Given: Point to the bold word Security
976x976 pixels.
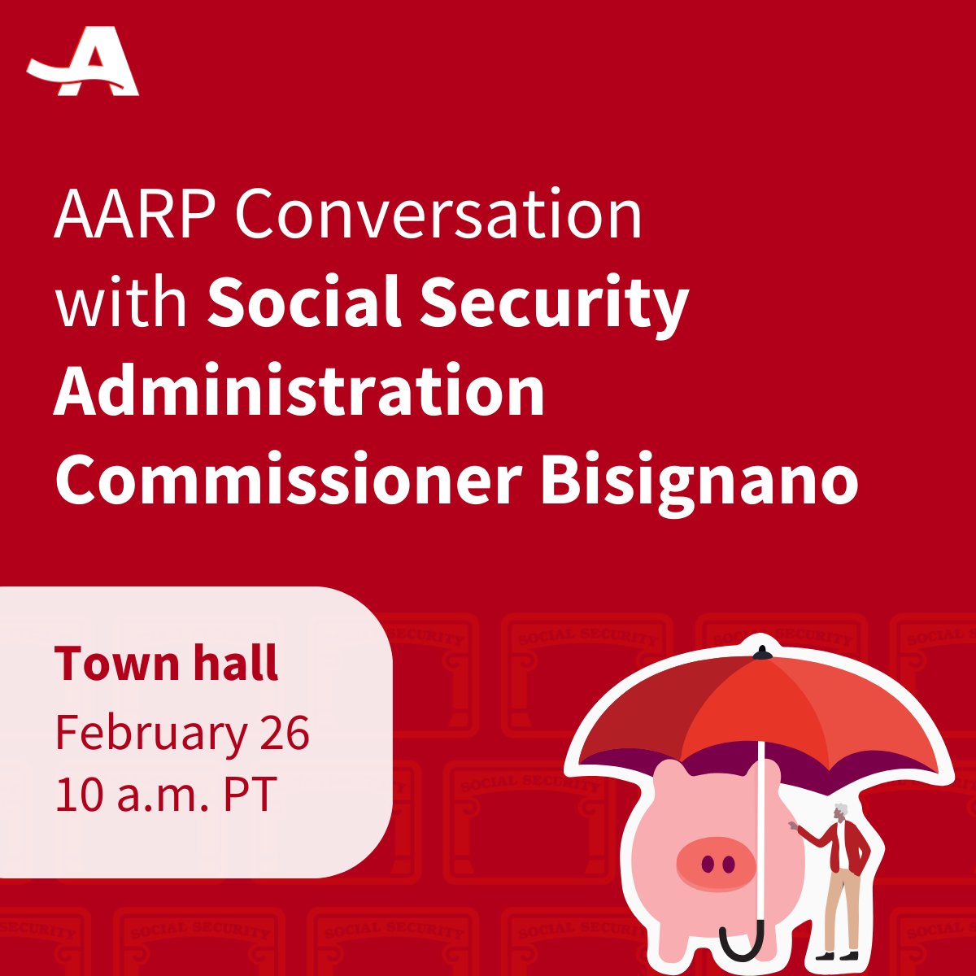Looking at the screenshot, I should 553,303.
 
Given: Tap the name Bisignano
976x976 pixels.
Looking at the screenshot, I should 699,481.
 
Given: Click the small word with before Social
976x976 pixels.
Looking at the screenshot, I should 121,303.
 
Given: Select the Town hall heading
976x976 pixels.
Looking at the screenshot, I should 167,663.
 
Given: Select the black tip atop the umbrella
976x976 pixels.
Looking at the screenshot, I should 761,651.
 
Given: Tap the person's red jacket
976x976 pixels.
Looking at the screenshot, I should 850,846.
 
